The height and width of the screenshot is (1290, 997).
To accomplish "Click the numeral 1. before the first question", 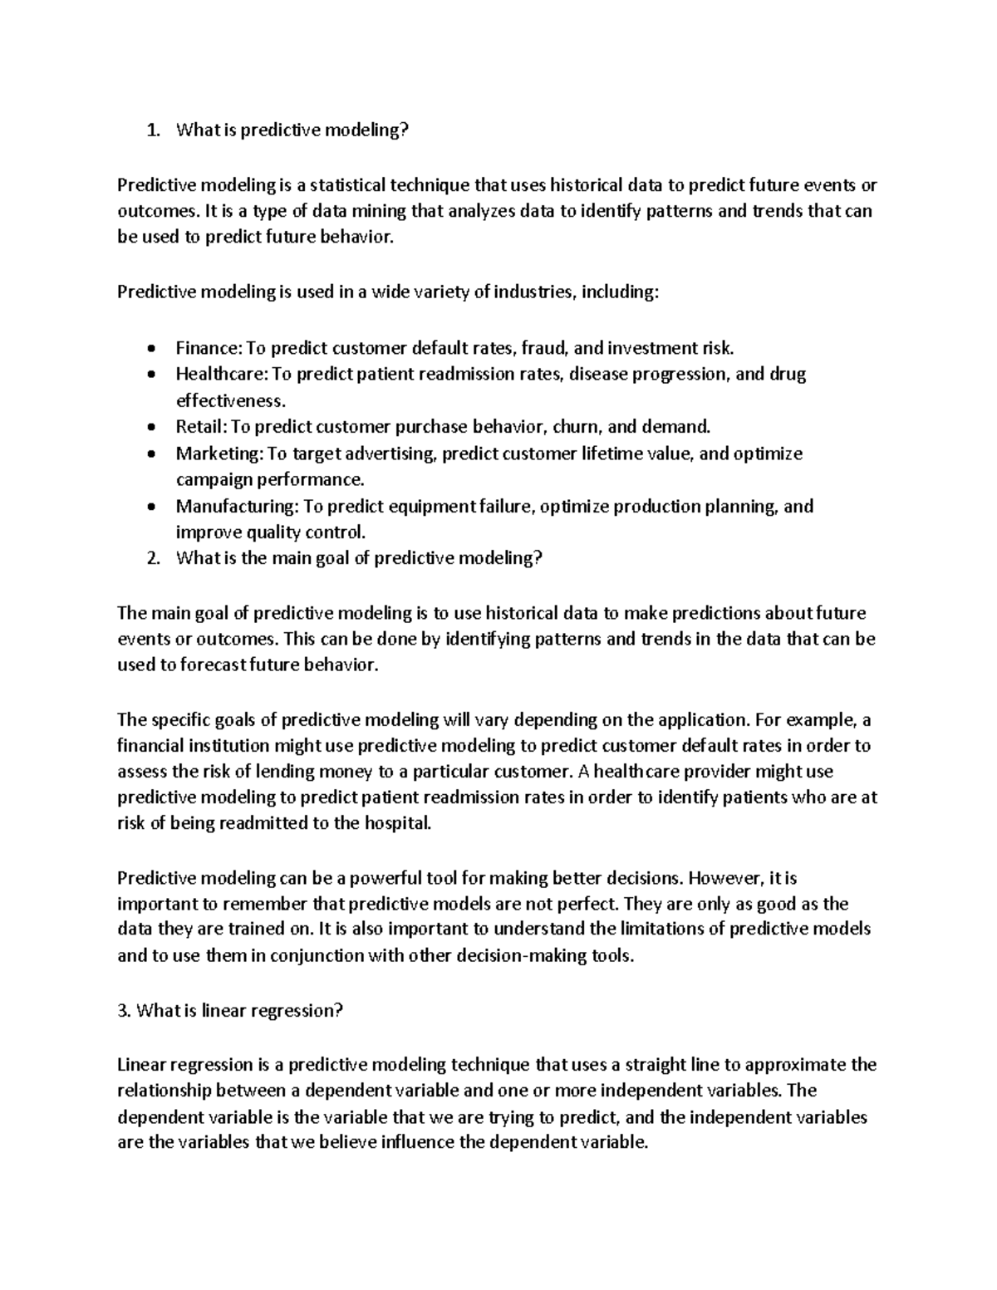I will [x=151, y=130].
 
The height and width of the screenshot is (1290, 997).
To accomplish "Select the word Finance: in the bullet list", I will [x=208, y=347].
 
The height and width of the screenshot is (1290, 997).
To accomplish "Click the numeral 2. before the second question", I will [x=151, y=558].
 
